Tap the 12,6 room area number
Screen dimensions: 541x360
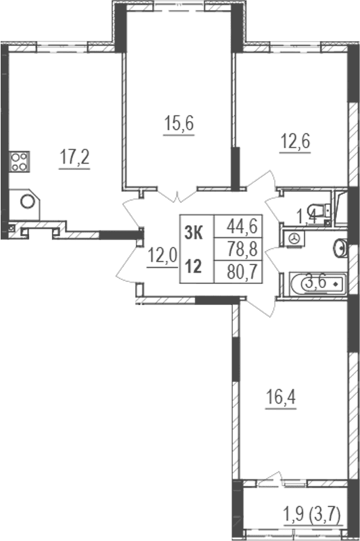coord(295,142)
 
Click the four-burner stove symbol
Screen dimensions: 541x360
coord(18,161)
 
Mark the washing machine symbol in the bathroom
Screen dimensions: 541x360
coord(294,238)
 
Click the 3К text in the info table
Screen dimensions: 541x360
coord(194,233)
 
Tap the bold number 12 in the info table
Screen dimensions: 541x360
coord(193,266)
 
